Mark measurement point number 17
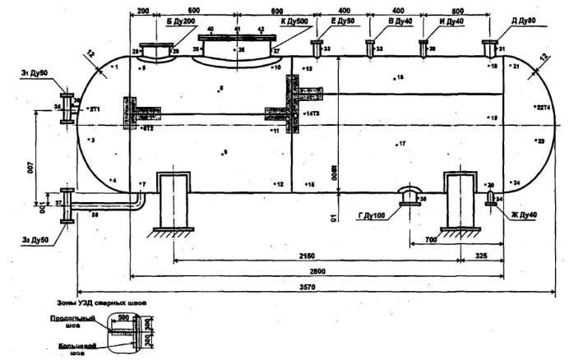pyautogui.click(x=401, y=145)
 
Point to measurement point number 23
pyautogui.click(x=539, y=141)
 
